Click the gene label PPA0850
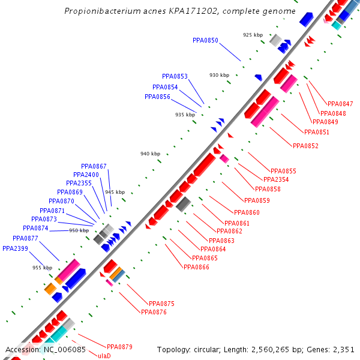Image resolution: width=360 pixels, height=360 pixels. (205, 40)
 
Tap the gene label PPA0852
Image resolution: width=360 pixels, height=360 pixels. (305, 146)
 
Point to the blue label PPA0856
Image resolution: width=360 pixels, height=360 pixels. (157, 97)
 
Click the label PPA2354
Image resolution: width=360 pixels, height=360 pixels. (276, 179)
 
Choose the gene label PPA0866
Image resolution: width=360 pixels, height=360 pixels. (196, 267)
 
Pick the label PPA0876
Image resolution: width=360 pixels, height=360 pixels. (153, 312)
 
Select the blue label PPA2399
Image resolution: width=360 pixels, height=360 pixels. (15, 248)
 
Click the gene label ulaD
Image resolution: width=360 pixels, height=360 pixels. (104, 356)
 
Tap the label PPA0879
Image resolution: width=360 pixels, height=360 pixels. (119, 347)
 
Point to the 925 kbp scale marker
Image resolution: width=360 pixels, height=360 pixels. (253, 35)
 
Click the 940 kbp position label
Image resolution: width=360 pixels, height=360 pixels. (150, 154)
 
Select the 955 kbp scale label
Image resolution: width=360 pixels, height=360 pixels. (42, 268)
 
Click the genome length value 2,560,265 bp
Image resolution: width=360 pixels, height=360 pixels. (267, 349)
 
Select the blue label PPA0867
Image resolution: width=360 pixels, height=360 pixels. (94, 166)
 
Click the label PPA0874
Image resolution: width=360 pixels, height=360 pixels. (35, 228)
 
